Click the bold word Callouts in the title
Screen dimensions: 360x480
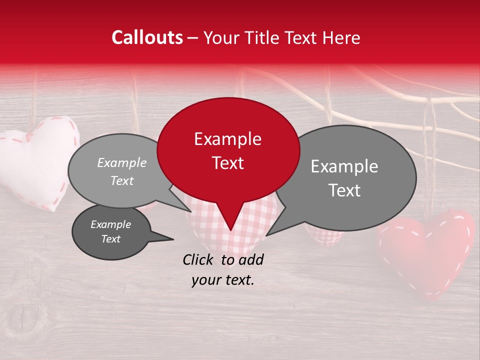tap(147, 37)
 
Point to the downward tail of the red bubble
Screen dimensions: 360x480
tap(229, 220)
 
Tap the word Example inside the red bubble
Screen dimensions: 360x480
tap(227, 139)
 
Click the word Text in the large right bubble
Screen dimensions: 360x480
tap(345, 190)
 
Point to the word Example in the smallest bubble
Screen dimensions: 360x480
tap(110, 224)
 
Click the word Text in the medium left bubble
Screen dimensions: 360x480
tap(122, 181)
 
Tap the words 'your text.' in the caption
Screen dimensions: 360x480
tap(223, 280)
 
